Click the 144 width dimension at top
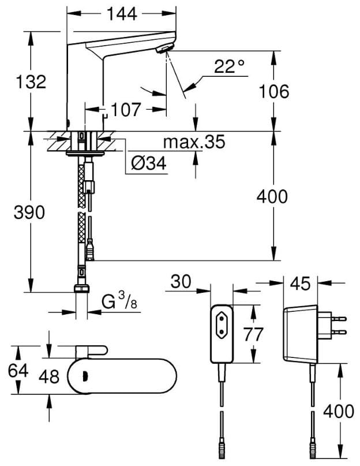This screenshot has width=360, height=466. coord(122,14)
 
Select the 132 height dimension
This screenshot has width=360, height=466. coord(31,82)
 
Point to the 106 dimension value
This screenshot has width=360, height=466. coord(274,91)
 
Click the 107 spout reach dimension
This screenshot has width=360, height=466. coord(126,110)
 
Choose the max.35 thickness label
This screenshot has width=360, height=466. coord(194,142)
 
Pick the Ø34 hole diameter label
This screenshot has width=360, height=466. coord(148,163)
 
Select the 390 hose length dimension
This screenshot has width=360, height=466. coord(29,212)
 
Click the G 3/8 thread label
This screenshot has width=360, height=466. coord(119,301)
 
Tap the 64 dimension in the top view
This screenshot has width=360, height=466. coord(18,371)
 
